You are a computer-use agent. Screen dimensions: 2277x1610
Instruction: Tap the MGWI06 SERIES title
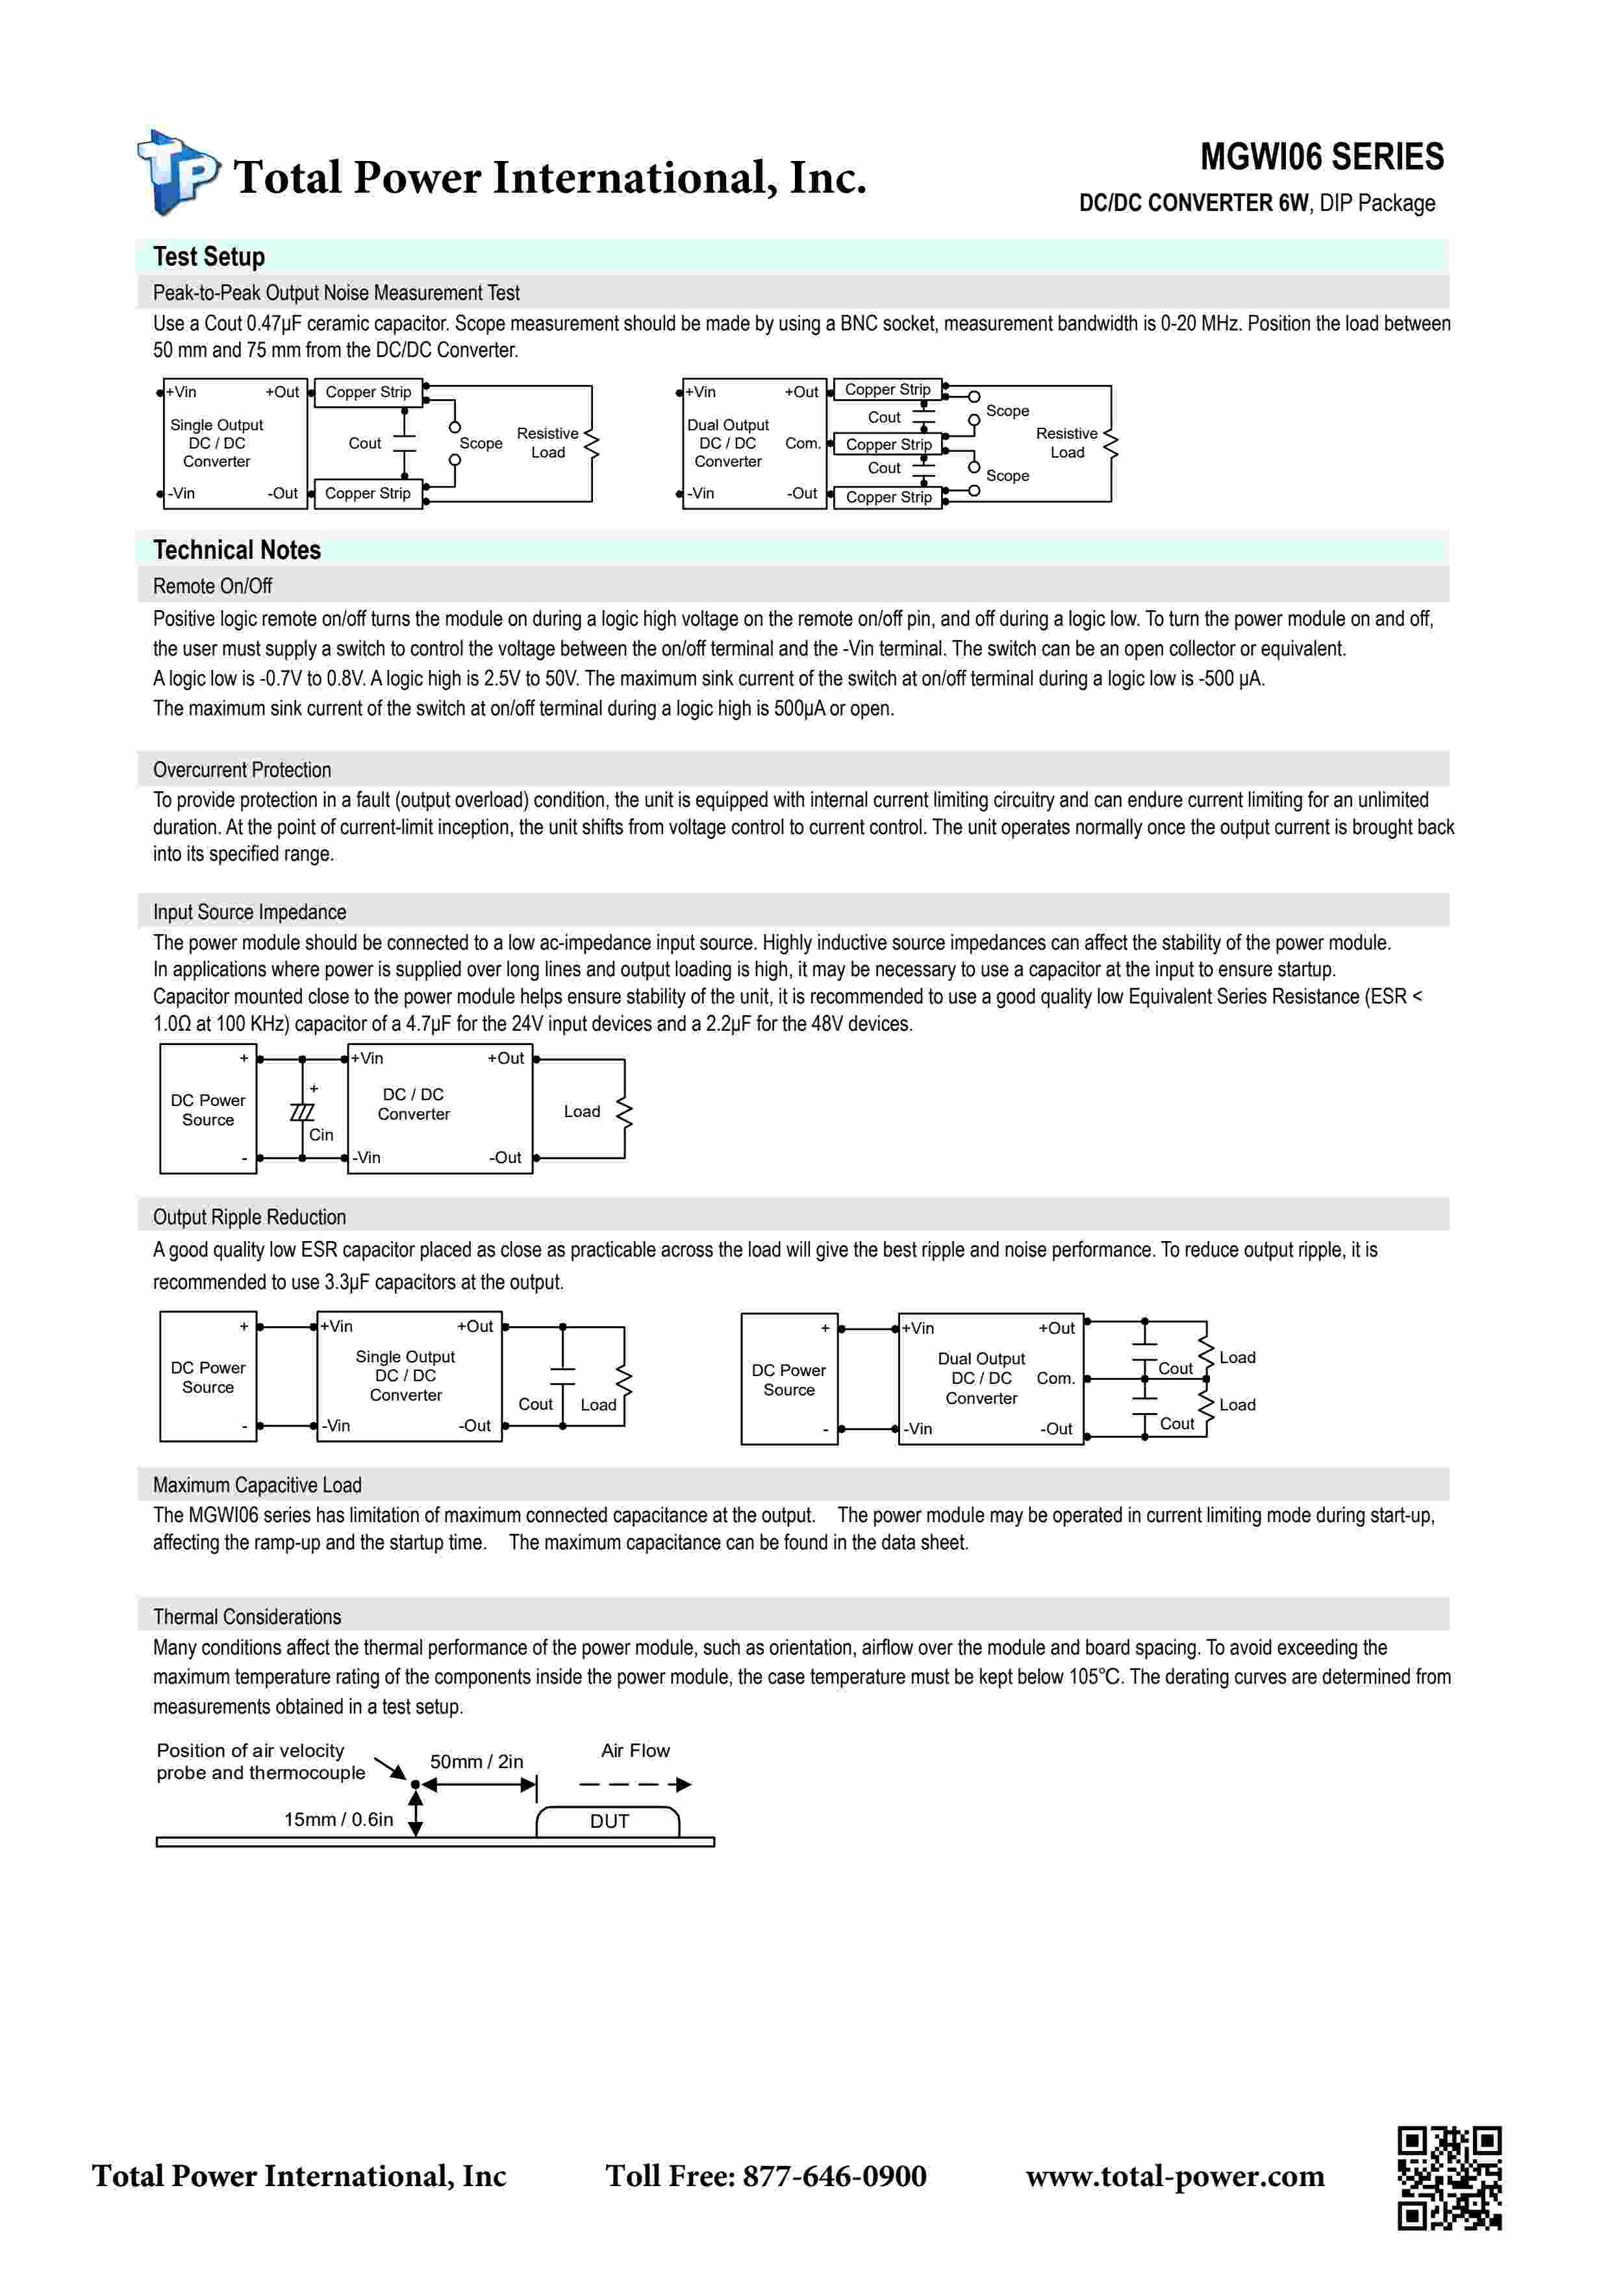[x=1322, y=156]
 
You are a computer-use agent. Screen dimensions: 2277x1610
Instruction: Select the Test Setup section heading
[x=208, y=257]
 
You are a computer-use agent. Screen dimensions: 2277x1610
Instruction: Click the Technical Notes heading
[x=236, y=550]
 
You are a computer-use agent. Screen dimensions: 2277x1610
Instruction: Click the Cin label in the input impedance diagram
[x=320, y=1135]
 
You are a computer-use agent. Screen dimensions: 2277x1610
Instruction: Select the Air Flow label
[x=635, y=1751]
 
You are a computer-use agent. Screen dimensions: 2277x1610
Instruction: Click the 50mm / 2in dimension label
[x=476, y=1762]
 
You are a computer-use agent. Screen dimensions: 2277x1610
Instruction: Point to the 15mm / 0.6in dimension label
[x=338, y=1819]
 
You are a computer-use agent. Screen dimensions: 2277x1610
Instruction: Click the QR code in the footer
[x=1450, y=2178]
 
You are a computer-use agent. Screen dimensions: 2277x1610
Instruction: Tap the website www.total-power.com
[x=1174, y=2176]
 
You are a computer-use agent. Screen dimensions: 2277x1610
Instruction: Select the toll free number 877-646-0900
[x=835, y=2176]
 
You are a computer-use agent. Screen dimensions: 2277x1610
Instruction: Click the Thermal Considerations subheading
[x=246, y=1616]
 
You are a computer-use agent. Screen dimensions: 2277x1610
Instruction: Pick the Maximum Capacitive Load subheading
[x=257, y=1484]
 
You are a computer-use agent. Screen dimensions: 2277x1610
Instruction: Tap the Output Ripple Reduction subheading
[x=249, y=1217]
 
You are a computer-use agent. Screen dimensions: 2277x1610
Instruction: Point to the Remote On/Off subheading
[x=212, y=586]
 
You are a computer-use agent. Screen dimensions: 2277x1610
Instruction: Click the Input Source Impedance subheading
[x=249, y=911]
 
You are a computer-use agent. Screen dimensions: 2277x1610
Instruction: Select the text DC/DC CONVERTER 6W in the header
[x=1193, y=203]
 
